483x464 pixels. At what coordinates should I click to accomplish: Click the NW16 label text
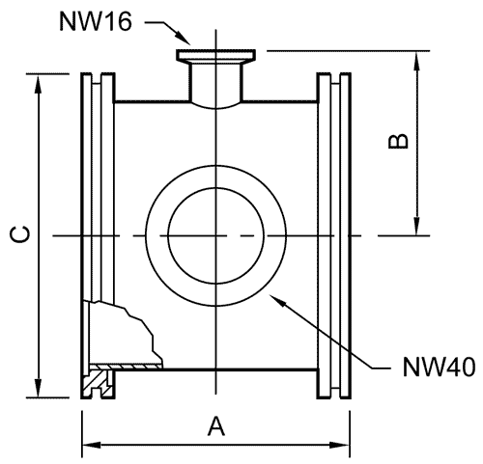click(96, 22)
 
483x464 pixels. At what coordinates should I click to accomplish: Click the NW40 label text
click(439, 367)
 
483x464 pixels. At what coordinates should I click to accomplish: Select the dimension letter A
click(216, 425)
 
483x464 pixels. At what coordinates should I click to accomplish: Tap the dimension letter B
click(398, 142)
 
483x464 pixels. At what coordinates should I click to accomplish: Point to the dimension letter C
click(20, 234)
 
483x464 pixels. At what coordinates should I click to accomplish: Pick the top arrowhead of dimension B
click(417, 61)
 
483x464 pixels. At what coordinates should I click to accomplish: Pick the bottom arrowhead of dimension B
click(417, 226)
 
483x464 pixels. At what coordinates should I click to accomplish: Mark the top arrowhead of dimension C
click(39, 84)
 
